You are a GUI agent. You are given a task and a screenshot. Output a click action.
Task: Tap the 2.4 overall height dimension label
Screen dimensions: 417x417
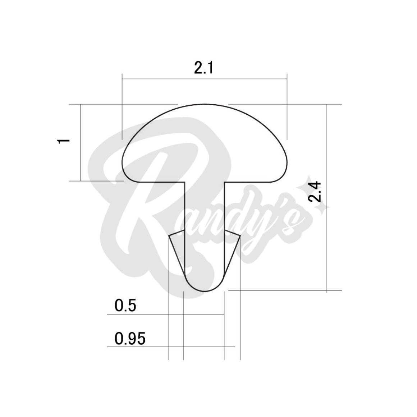[315, 192]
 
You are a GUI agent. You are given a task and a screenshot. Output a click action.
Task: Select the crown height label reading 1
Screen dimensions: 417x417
[64, 141]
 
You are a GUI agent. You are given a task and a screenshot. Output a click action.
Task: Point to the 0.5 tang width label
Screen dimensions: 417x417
[125, 306]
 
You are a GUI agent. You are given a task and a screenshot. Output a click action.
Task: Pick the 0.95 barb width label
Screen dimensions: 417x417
[130, 339]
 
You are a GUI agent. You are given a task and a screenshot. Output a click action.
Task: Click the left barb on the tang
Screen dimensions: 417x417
[177, 247]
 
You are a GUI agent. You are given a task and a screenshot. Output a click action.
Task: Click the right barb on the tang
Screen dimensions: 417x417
[233, 247]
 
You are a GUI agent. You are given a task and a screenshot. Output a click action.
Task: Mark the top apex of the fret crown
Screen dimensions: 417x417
[204, 104]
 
